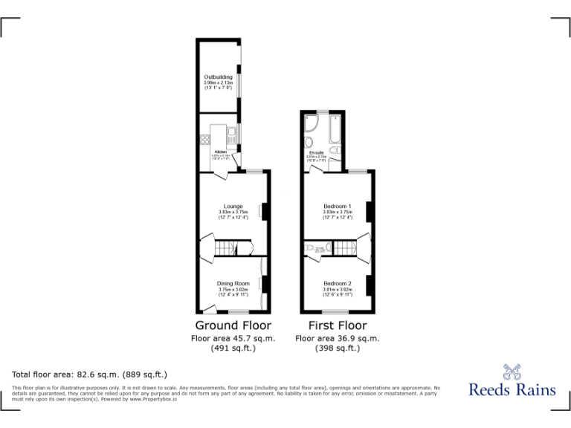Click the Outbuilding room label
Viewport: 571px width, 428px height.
pyautogui.click(x=219, y=77)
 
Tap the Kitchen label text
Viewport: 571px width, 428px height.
pyautogui.click(x=221, y=151)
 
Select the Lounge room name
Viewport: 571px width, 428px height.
pyautogui.click(x=233, y=207)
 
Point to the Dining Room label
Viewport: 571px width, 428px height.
pyautogui.click(x=233, y=283)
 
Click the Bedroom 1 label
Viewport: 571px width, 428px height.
pyautogui.click(x=338, y=207)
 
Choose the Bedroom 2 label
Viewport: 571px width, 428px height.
pyautogui.click(x=338, y=283)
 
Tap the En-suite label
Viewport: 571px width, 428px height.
pyautogui.click(x=317, y=153)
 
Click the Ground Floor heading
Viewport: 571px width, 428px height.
pyautogui.click(x=233, y=325)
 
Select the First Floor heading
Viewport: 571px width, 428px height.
pyautogui.click(x=338, y=325)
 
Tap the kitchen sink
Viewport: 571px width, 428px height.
pyautogui.click(x=232, y=134)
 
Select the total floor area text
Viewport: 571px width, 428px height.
pyautogui.click(x=89, y=374)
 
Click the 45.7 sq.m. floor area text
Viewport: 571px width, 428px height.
pyautogui.click(x=233, y=338)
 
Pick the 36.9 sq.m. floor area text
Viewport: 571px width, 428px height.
pyautogui.click(x=338, y=338)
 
